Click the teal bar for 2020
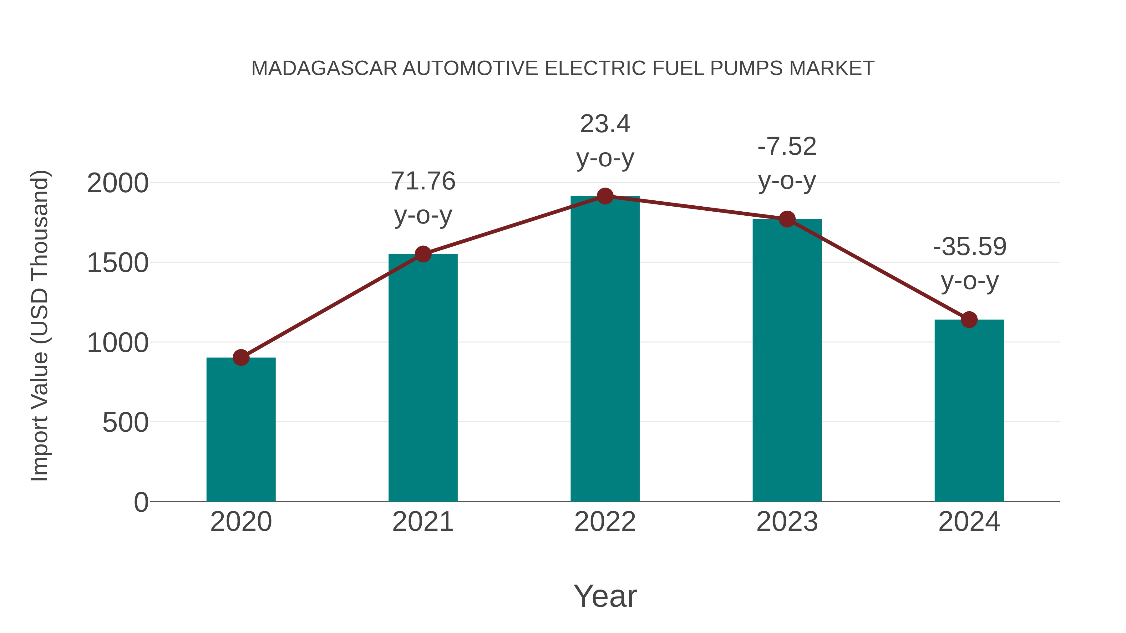point(241,430)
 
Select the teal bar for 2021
point(423,378)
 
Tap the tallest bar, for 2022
point(605,349)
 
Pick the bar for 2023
point(787,360)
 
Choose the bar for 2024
point(969,411)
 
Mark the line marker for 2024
point(969,320)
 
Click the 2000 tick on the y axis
point(118,183)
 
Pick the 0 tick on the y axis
point(141,502)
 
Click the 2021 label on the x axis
point(423,522)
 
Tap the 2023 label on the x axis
point(787,522)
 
